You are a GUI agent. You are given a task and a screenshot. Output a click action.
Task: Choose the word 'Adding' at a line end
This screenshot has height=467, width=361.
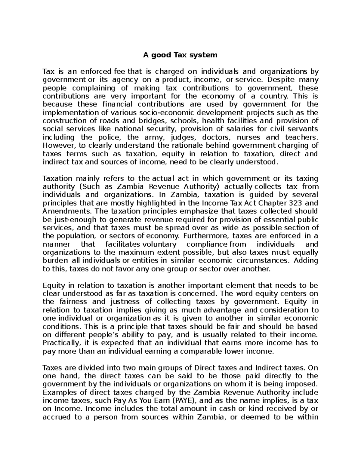point(306,260)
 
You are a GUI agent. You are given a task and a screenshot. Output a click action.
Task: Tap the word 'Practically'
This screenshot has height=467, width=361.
point(62,343)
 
